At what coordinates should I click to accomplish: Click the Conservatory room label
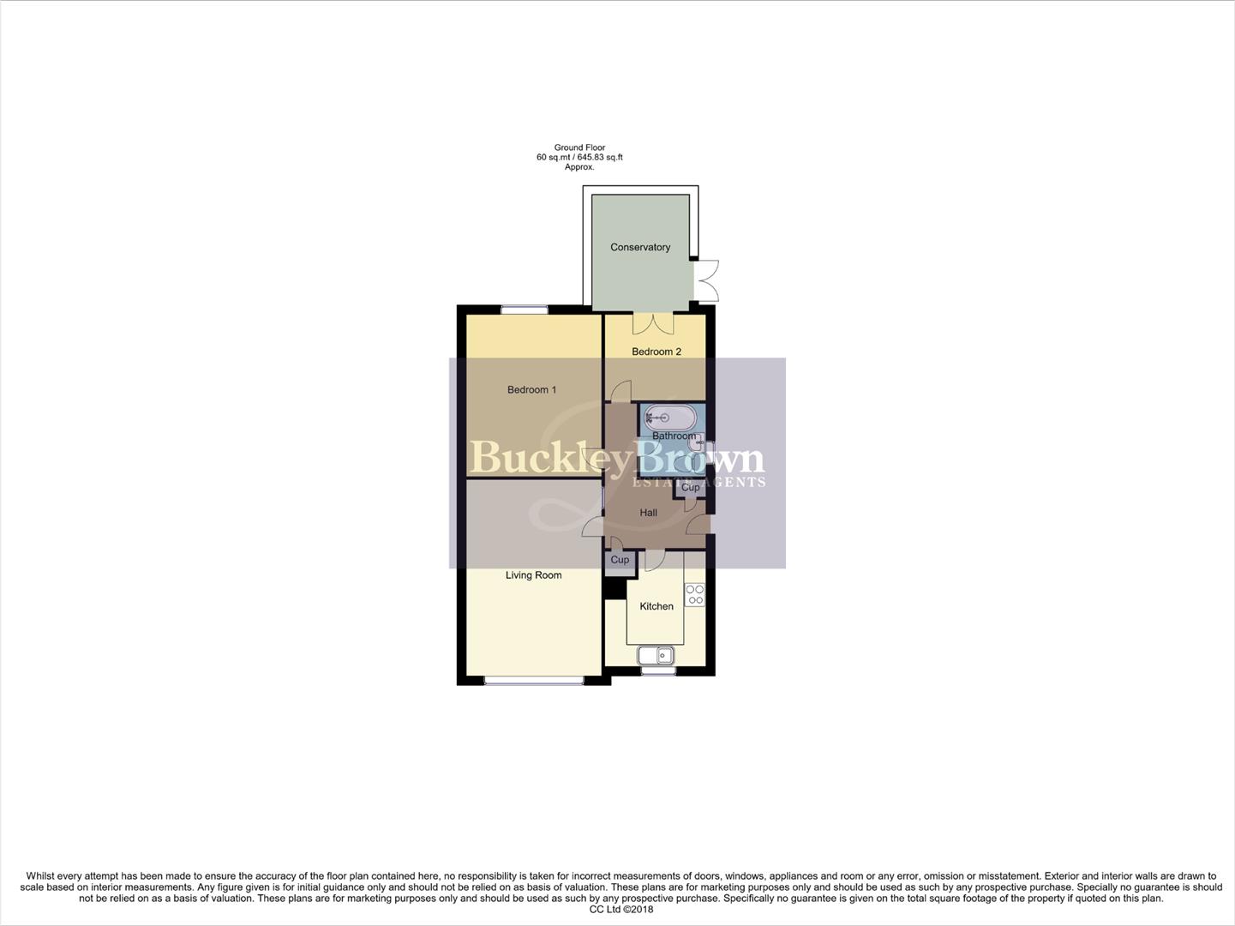[x=640, y=247]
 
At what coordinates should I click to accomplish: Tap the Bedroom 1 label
[x=531, y=390]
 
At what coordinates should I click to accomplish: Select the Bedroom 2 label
[x=656, y=352]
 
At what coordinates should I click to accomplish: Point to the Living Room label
[x=533, y=575]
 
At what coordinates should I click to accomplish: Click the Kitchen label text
[x=656, y=606]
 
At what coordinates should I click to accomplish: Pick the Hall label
[x=649, y=513]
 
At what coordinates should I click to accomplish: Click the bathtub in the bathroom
[x=669, y=418]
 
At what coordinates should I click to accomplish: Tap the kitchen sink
[x=656, y=656]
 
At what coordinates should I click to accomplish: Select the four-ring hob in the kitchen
[x=695, y=595]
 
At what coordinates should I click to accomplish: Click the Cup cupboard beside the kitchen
[x=619, y=561]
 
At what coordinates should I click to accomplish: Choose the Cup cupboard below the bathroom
[x=691, y=488]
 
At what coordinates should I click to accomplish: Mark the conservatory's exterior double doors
[x=708, y=280]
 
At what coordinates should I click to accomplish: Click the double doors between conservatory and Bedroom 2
[x=654, y=324]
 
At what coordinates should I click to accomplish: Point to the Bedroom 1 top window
[x=524, y=310]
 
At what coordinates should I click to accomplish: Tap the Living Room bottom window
[x=534, y=681]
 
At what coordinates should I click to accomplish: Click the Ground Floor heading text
[x=579, y=147]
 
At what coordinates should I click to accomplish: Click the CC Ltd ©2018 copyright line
[x=616, y=910]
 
